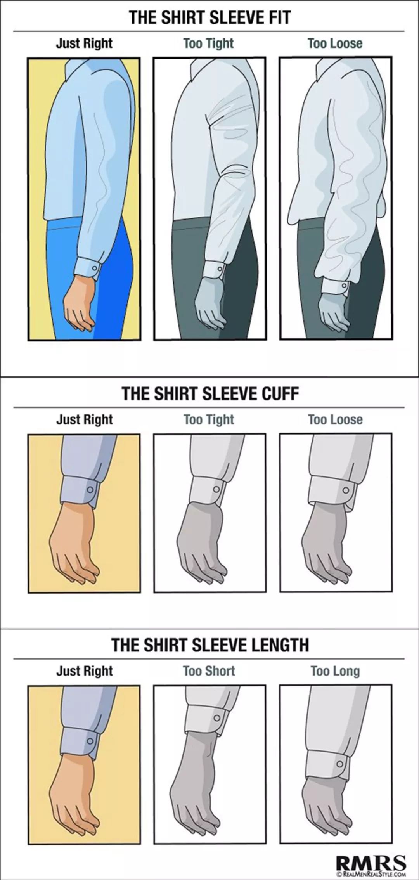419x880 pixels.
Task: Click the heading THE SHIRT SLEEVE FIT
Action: [209, 18]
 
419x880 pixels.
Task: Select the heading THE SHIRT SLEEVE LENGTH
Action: [210, 645]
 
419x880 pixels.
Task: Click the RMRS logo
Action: [371, 860]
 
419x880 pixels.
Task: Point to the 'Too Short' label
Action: [209, 671]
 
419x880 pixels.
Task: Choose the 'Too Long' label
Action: [335, 671]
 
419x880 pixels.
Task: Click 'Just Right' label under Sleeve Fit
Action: [84, 43]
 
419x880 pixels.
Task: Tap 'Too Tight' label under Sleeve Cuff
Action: [209, 419]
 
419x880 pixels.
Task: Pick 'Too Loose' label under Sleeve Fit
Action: [335, 43]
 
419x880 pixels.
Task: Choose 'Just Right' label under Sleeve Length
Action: [84, 671]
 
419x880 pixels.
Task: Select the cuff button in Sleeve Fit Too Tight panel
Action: [219, 269]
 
